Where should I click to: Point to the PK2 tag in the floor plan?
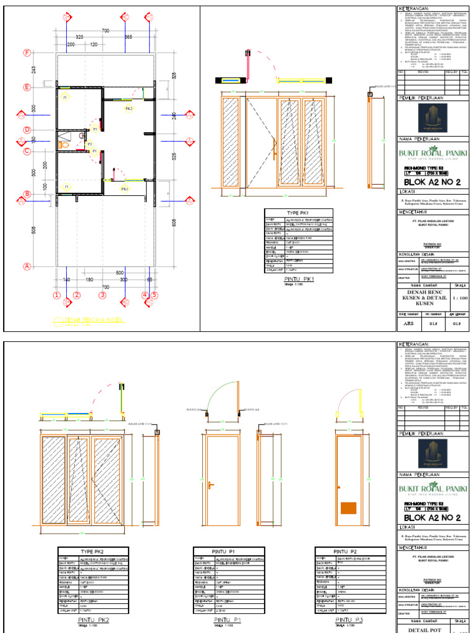[x=129, y=109]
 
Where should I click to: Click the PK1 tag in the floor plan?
[x=125, y=189]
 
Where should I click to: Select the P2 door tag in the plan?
[x=89, y=143]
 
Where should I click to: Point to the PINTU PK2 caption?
[x=93, y=619]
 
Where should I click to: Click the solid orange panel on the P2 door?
[x=349, y=509]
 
